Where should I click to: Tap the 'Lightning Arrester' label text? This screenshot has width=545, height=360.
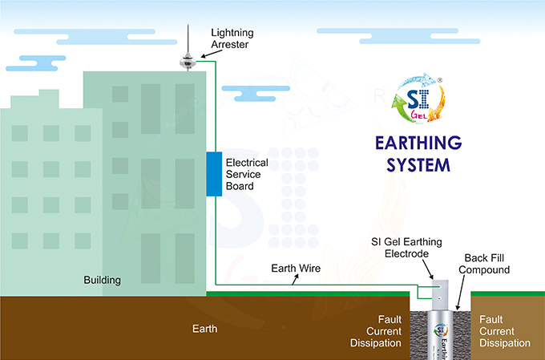click(x=233, y=38)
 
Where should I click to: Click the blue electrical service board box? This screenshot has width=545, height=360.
click(x=213, y=172)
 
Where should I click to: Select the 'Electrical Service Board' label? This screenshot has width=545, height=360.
click(x=247, y=175)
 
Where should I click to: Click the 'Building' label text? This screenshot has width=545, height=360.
click(x=103, y=280)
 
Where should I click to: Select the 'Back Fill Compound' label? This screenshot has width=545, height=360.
click(x=486, y=265)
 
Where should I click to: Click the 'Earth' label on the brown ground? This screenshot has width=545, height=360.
click(x=204, y=329)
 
